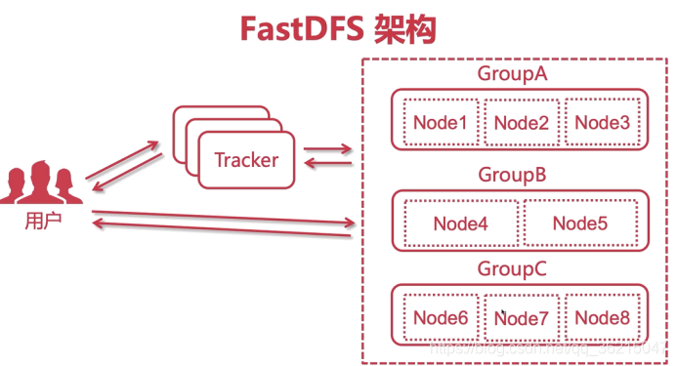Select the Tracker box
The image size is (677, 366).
coord(246,160)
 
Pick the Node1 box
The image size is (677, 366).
coord(440,122)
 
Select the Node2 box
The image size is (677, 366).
coord(521,122)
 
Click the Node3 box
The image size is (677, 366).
coord(602,122)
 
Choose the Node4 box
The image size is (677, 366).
coord(460,224)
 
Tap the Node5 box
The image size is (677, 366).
coord(580,224)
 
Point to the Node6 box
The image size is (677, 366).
coord(440,318)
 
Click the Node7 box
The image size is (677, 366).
coord(521,318)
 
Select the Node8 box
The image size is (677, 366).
coord(602,318)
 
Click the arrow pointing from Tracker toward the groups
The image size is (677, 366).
coord(328,149)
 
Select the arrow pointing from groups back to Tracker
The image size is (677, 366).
coord(328,164)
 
